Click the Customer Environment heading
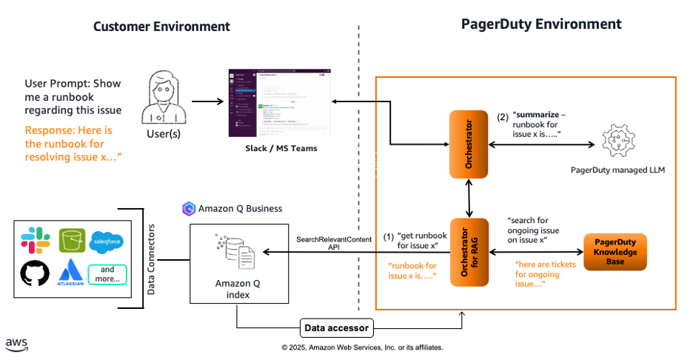pyautogui.click(x=161, y=27)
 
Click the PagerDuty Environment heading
pyautogui.click(x=540, y=24)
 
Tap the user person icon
pyautogui.click(x=164, y=99)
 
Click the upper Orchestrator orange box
pyautogui.click(x=468, y=143)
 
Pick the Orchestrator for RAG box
pyautogui.click(x=468, y=253)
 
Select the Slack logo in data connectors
pyautogui.click(x=34, y=241)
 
